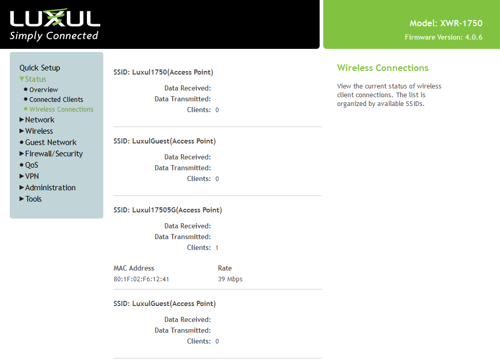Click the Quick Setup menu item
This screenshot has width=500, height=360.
coord(40,68)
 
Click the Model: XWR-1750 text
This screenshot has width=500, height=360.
coord(446,23)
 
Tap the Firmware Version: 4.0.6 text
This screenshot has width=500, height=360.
coord(443,38)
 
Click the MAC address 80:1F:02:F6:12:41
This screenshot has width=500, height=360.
coord(141,279)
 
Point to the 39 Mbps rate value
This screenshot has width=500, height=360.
coord(230,279)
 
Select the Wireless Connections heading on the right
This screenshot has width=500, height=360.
coord(383,68)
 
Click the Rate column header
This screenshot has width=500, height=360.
coord(225,268)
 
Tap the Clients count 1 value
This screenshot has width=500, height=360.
coord(217,248)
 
